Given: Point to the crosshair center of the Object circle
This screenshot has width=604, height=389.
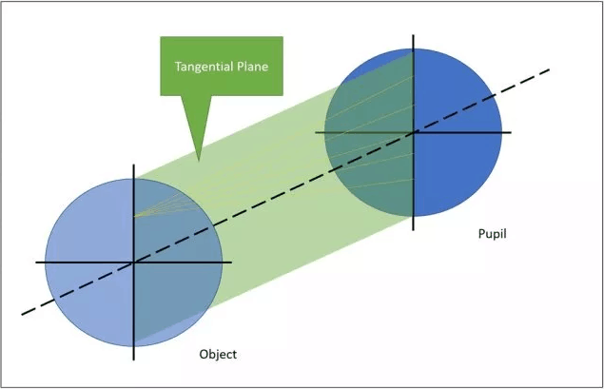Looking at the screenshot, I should coord(133,262).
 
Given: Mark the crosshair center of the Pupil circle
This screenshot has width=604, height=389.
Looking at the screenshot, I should coord(414,132).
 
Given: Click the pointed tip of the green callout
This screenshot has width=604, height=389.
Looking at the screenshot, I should coord(198,158).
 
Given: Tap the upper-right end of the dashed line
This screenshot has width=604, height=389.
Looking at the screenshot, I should coord(551,68).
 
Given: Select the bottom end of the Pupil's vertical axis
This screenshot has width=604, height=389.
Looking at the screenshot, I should coord(414,229).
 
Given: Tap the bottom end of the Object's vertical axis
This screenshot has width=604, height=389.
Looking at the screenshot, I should coord(133,360).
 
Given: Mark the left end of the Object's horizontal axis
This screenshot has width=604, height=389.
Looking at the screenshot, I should coord(36,262).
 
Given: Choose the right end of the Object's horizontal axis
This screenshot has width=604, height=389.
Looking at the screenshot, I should coord(231,262).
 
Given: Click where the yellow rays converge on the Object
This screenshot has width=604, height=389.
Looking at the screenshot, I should coord(134,216).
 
